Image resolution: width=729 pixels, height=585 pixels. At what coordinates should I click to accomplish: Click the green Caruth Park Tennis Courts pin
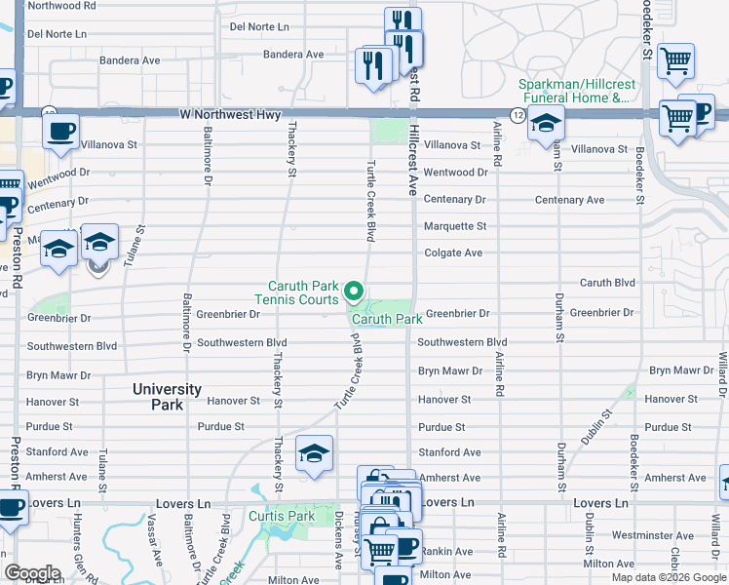point(355,292)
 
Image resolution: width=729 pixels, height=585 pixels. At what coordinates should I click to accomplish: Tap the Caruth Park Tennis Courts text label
point(296,292)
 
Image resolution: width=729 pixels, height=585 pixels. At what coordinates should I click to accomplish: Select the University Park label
point(167,396)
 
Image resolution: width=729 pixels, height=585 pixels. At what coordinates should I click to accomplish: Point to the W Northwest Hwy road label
point(230,115)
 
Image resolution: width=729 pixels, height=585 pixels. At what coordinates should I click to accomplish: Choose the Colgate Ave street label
point(452,253)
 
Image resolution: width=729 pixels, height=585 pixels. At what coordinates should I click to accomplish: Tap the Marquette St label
point(454,227)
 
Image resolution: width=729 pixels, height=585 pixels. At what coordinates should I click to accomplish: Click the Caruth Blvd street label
point(607,284)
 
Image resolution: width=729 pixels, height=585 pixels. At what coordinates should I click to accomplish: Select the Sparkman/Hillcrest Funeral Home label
point(574,92)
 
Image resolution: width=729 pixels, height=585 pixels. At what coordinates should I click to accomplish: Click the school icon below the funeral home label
point(546,124)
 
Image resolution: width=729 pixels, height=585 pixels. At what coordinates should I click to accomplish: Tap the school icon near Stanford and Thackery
point(315,453)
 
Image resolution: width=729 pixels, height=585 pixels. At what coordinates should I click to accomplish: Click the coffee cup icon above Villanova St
point(60,131)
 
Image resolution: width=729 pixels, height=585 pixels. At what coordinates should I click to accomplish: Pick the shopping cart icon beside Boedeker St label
point(675,60)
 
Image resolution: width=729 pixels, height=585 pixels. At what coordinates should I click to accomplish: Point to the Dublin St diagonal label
point(595,428)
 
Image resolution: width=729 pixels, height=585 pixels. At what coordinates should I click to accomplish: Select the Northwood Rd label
point(62,6)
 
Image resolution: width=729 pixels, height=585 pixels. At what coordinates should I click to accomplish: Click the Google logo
point(32,573)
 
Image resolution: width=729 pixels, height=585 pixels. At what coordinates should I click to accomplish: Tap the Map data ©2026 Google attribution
point(668,577)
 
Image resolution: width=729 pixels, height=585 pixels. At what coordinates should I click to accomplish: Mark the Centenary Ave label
point(569,200)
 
